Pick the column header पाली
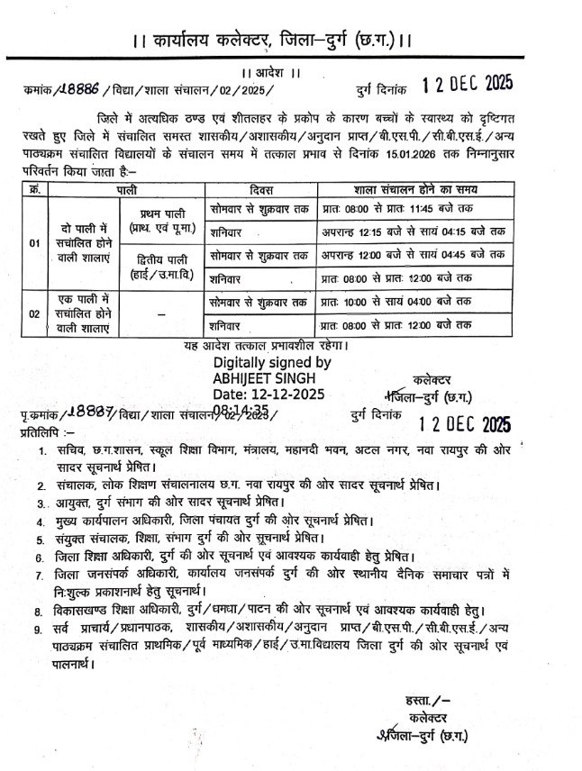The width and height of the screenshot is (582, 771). coord(119,189)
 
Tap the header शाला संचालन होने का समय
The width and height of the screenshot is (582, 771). coord(411,189)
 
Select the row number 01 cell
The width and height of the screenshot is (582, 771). coord(34,244)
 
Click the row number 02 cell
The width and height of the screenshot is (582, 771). coord(34,313)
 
